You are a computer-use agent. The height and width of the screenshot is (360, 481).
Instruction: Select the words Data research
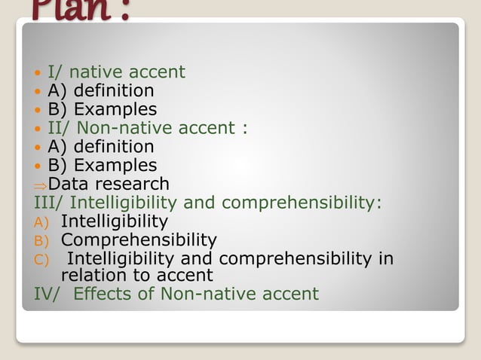coord(109,184)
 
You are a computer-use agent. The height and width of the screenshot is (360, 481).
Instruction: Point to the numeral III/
coord(48,203)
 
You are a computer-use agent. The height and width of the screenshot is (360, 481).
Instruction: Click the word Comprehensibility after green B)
coord(139,240)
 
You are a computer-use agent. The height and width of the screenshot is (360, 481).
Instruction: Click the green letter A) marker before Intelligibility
coord(41,223)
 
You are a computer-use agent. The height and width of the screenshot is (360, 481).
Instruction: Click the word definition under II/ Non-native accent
coord(114,146)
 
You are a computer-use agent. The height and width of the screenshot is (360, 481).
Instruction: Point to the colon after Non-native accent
coord(244,129)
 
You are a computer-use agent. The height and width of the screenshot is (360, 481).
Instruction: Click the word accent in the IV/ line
coord(290,294)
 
